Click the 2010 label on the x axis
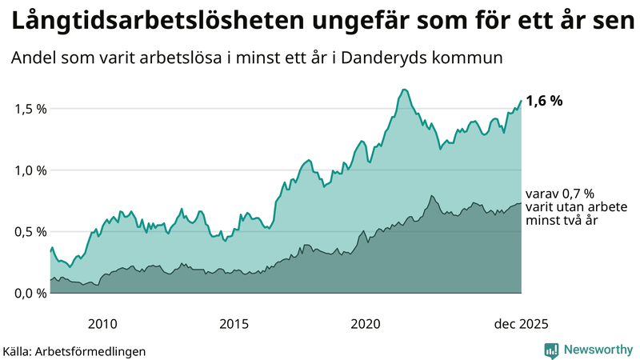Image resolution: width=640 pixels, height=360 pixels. pos(102,324)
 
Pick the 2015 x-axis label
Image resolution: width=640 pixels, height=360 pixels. pos(234,324)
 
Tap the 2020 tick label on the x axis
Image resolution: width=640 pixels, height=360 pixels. pos(366,324)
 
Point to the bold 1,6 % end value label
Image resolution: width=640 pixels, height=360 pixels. pos(545,101)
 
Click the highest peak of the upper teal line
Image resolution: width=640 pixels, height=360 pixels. pos(405,90)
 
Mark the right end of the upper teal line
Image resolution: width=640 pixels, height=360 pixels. pos(522,101)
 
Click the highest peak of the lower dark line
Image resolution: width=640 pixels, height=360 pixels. pos(431,196)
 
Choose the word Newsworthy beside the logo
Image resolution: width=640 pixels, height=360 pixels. pos(597,350)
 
